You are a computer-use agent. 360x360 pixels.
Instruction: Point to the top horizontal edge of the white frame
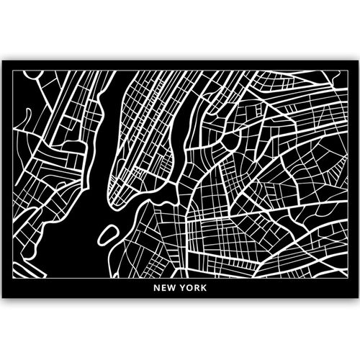pyautogui.click(x=180, y=71)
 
